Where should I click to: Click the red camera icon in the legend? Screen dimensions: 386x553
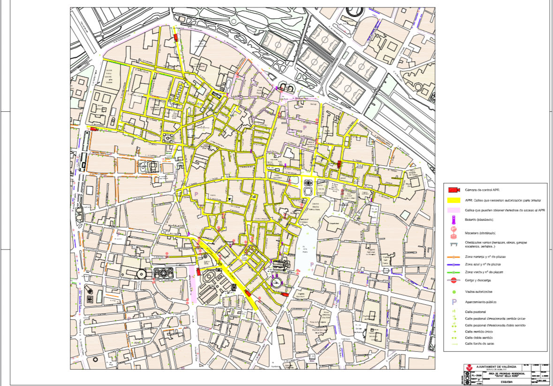tap(453, 190)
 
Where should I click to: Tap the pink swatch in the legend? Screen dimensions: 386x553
tap(453, 210)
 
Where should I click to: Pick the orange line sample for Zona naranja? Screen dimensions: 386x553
tap(453, 257)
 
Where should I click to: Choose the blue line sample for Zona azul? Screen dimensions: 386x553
tap(453, 265)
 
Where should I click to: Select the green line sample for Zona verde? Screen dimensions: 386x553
tap(453, 272)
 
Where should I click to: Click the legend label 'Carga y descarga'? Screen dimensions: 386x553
tap(478, 280)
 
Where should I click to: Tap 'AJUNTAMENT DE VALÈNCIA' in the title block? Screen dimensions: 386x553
tap(496, 366)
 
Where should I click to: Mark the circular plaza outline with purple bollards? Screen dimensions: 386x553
tap(277, 283)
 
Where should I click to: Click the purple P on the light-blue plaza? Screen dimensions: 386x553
tap(311, 265)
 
